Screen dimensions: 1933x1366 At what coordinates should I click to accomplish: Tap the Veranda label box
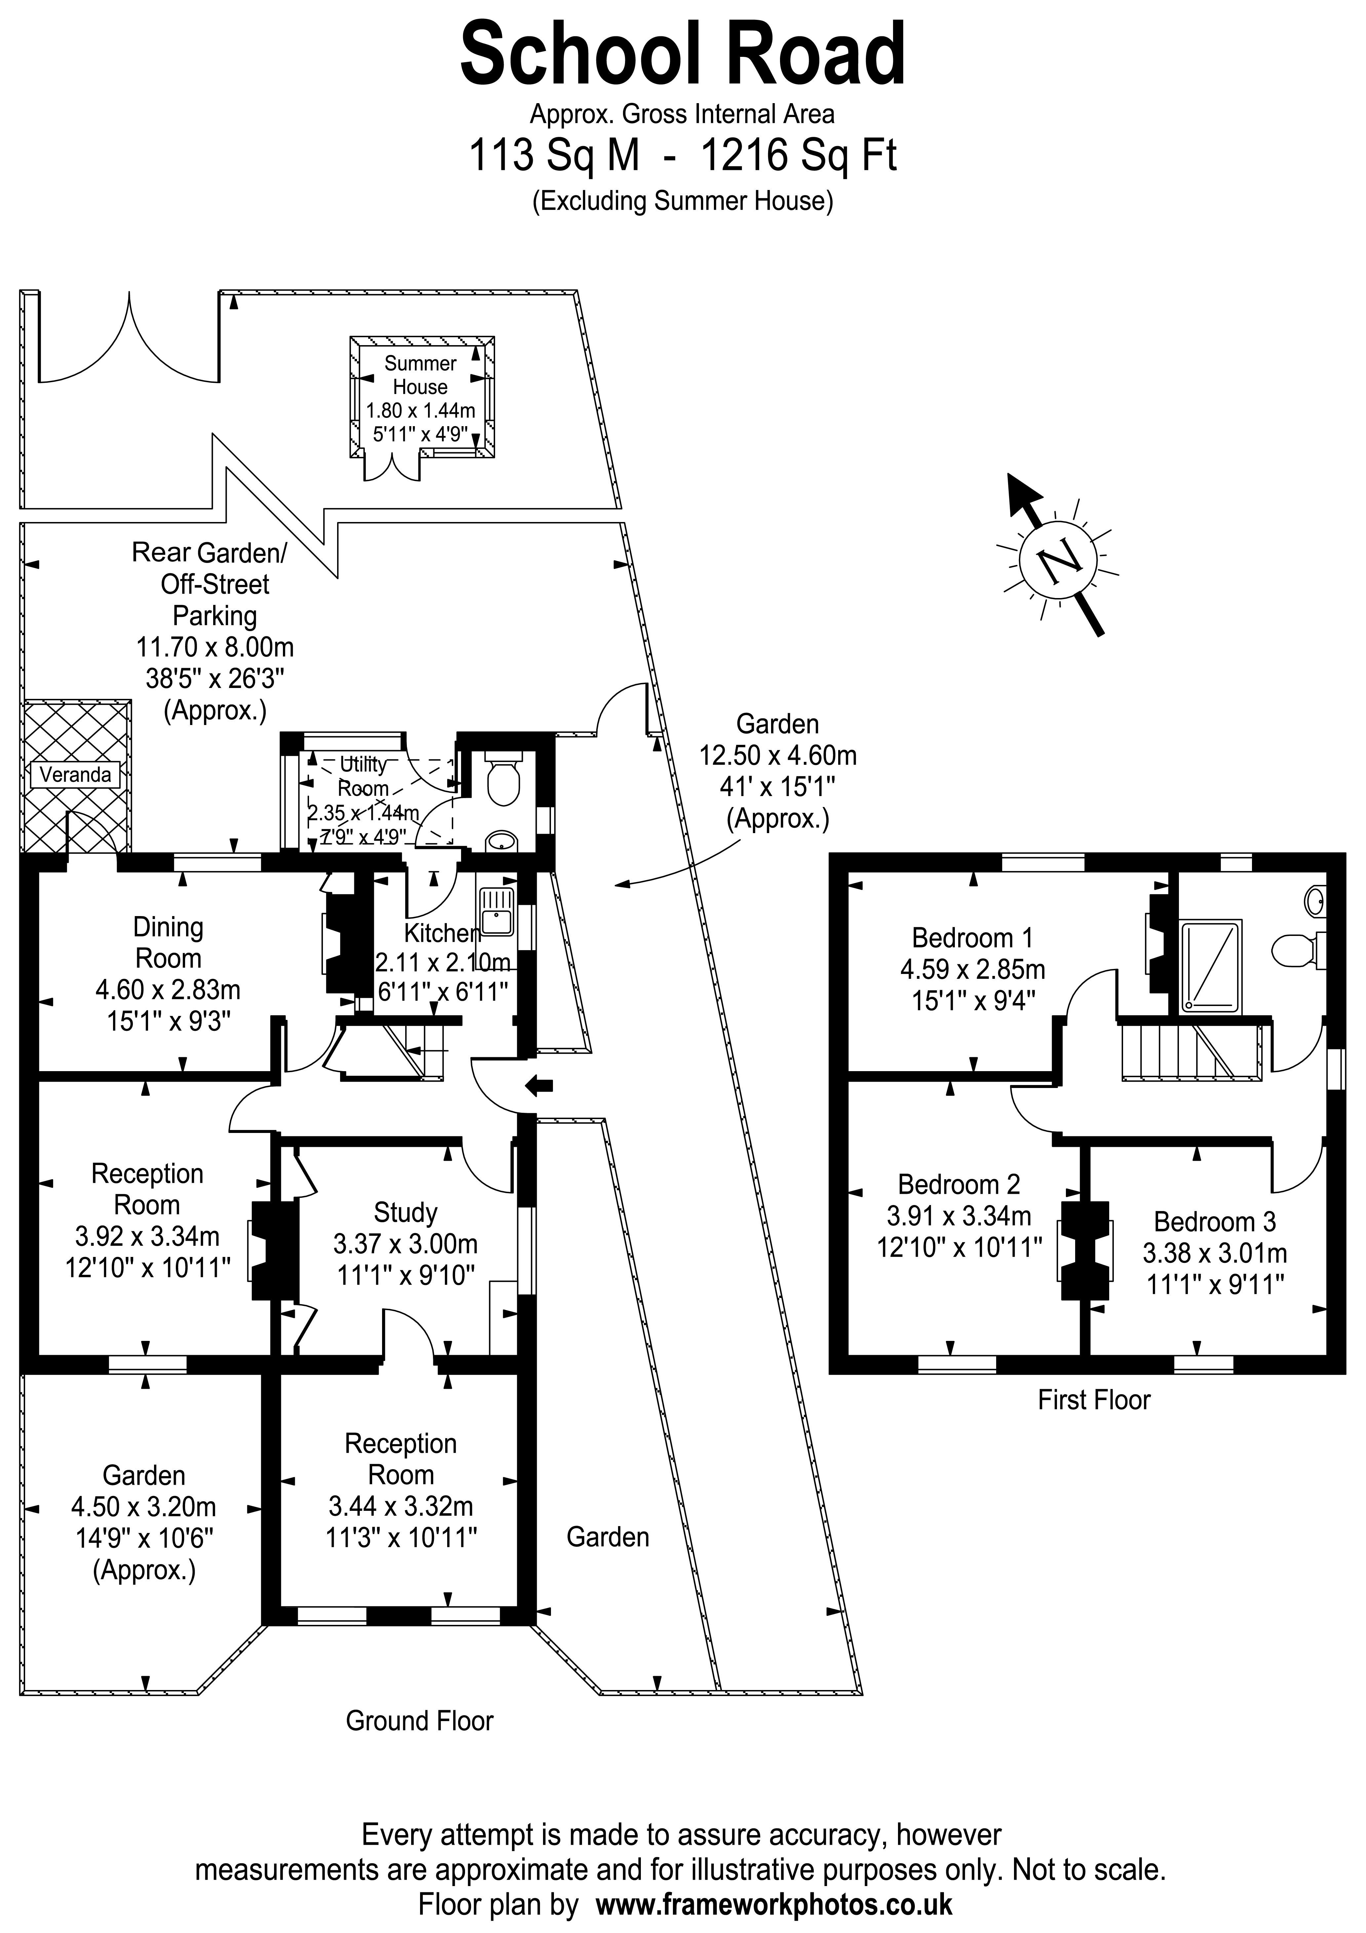click(x=75, y=775)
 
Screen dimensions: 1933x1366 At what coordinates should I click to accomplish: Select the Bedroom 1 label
click(x=972, y=938)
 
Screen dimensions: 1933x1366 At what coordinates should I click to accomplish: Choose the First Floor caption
click(x=1093, y=1400)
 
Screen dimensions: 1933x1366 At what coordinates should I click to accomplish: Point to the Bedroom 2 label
click(x=958, y=1185)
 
